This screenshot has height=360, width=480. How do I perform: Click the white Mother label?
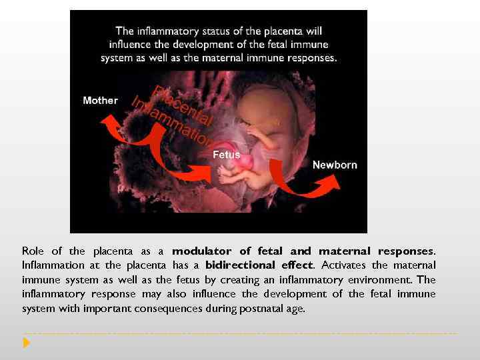[100, 101]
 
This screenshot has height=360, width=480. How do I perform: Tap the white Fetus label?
[226, 155]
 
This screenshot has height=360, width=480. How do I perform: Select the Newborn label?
[335, 165]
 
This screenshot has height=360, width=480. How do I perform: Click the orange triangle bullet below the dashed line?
[26, 343]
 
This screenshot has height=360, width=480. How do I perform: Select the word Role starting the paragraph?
[33, 251]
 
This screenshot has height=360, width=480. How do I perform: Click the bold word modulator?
[201, 251]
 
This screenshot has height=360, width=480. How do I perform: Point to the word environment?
[376, 280]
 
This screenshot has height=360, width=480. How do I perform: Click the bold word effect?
[297, 265]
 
